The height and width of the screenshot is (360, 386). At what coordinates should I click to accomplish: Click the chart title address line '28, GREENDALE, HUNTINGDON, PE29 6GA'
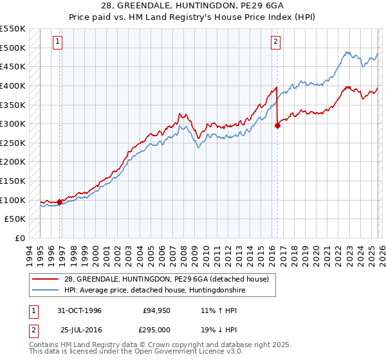coord(193,5)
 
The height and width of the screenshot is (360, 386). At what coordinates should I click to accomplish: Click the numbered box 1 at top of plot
coord(57,42)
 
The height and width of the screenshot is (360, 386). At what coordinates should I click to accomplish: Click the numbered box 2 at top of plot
coord(275,42)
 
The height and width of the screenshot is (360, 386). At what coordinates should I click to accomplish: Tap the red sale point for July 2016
coord(278,126)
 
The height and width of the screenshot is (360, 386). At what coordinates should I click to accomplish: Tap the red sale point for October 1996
coord(60,202)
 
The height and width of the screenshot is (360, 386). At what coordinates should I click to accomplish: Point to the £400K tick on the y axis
coord(14,85)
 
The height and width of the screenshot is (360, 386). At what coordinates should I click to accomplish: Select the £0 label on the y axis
coord(19,239)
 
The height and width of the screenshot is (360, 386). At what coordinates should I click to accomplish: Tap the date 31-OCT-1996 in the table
coord(79,310)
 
